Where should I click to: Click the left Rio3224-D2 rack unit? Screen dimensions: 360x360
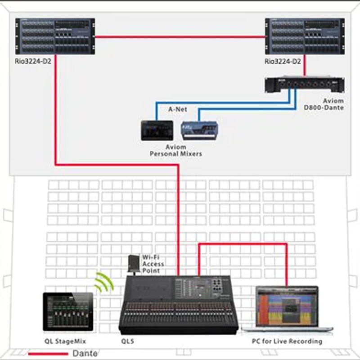tap(55, 36)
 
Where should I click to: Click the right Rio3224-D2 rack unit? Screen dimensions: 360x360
tap(305, 36)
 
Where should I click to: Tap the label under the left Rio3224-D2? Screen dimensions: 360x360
tap(33, 60)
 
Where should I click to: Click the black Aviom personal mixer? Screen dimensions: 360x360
tap(157, 130)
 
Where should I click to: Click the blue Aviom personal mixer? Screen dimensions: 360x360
tap(200, 130)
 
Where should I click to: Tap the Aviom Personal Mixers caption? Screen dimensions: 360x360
tap(175, 150)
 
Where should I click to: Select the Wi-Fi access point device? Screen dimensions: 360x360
tap(134, 263)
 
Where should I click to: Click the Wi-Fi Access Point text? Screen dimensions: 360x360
tap(153, 264)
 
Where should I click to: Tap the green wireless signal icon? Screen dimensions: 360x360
tap(103, 282)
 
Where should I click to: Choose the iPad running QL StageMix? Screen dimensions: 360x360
tap(68, 311)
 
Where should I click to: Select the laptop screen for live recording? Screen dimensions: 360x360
tap(287, 306)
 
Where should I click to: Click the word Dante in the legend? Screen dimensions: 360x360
tap(85, 354)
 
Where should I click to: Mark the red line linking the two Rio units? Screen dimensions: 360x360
tap(180, 37)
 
